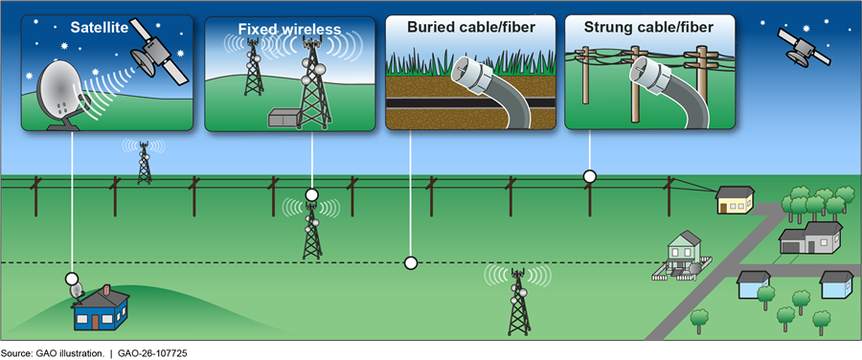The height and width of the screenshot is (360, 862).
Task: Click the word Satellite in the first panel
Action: pyautogui.click(x=98, y=27)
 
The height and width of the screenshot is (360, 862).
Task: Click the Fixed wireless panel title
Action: pyautogui.click(x=289, y=28)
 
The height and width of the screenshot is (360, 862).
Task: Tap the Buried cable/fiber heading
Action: pyautogui.click(x=471, y=27)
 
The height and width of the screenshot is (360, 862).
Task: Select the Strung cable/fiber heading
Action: pyautogui.click(x=649, y=27)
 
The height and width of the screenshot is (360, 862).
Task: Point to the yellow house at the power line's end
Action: pyautogui.click(x=735, y=199)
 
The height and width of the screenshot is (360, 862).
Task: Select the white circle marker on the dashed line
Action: pyautogui.click(x=410, y=263)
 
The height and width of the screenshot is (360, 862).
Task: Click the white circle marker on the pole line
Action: pyautogui.click(x=590, y=176)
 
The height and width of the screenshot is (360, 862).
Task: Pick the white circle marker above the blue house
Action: pyautogui.click(x=72, y=278)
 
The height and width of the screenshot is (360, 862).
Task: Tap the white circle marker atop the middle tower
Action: pyautogui.click(x=311, y=194)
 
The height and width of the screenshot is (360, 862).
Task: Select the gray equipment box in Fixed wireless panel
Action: pyautogui.click(x=284, y=118)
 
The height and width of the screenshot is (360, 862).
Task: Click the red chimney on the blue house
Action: pyautogui.click(x=107, y=289)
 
